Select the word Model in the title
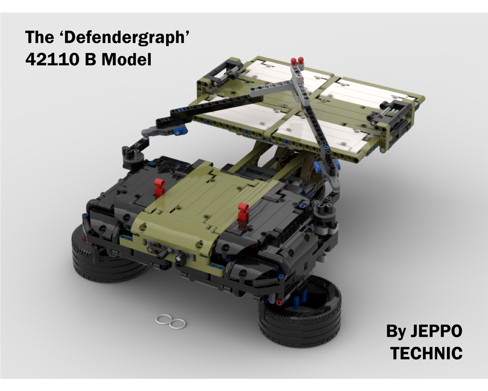pos(126,59)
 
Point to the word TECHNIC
pos(427,353)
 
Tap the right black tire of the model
pos(300,314)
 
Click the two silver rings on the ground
pos(170,322)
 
